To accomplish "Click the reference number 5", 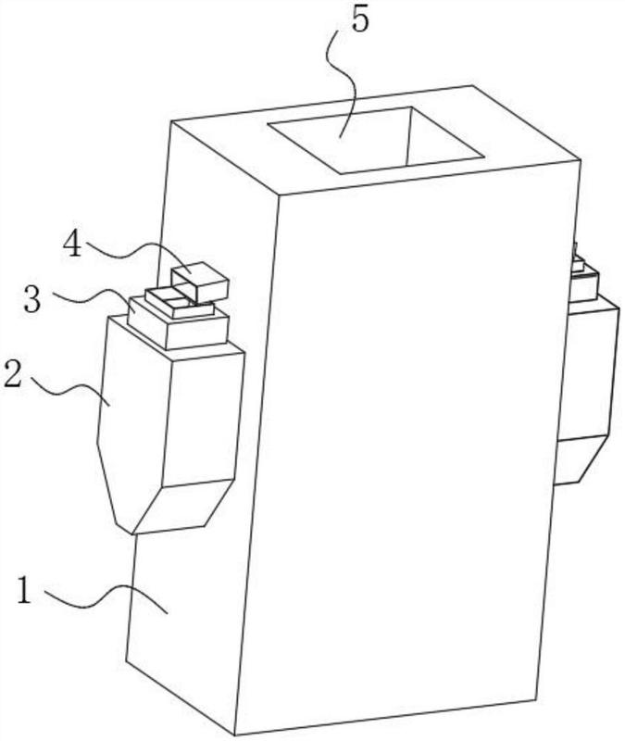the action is (x=360, y=20).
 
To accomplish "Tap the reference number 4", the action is (x=73, y=245).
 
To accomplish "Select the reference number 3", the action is (x=32, y=299).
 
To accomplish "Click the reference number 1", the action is (x=24, y=590).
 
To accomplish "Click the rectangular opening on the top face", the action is (x=375, y=140).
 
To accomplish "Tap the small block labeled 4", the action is (x=200, y=283).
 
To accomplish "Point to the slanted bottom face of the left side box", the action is (x=181, y=506).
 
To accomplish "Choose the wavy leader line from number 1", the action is (x=106, y=596).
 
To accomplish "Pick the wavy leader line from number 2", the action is (x=71, y=390).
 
